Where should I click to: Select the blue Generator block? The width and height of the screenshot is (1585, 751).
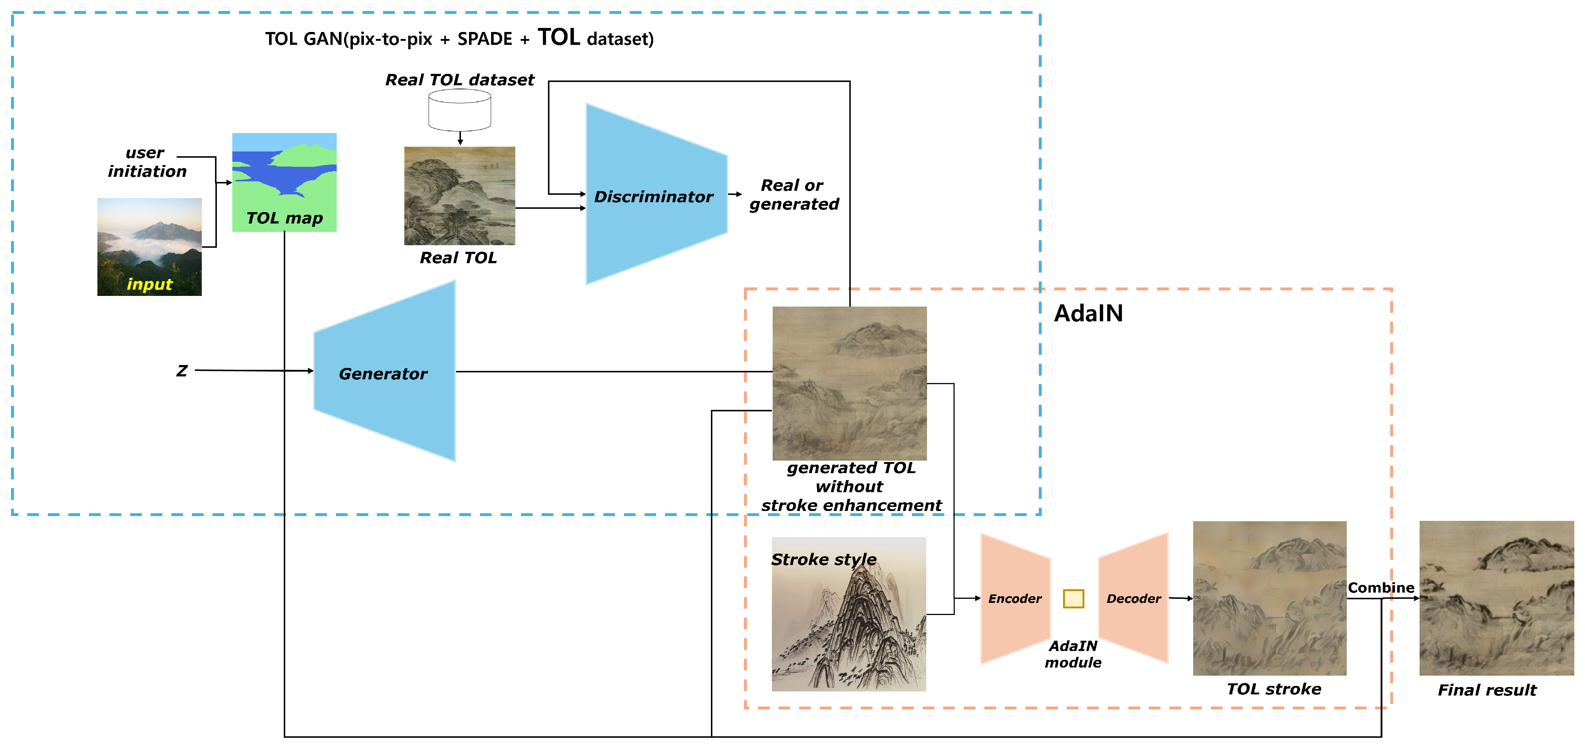[x=384, y=372]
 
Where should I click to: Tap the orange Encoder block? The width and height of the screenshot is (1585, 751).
[x=1015, y=598]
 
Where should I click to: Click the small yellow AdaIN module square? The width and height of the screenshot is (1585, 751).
[x=1073, y=598]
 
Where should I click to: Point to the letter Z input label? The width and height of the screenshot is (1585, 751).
[x=182, y=371]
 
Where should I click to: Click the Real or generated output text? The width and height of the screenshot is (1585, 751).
[x=794, y=194]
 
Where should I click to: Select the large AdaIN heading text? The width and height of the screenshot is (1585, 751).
[x=1088, y=313]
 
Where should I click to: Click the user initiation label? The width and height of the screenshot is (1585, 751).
[x=146, y=162]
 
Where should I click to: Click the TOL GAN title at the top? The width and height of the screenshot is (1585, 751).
[x=459, y=38]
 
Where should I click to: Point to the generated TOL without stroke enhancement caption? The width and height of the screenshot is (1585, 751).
[x=851, y=486]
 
